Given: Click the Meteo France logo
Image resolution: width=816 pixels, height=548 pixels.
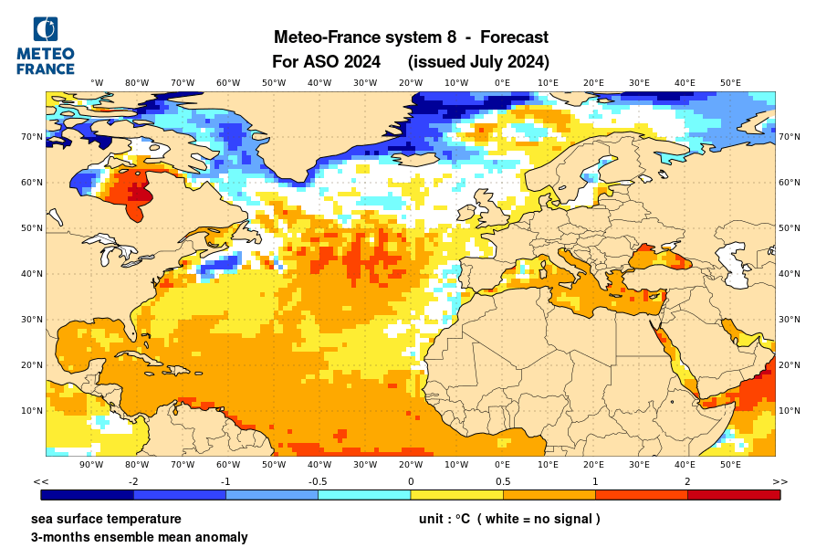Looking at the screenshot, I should tap(45, 46).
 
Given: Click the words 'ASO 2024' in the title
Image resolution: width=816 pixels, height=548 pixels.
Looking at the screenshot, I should tap(348, 62).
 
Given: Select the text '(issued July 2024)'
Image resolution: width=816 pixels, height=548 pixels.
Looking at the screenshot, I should tap(478, 62).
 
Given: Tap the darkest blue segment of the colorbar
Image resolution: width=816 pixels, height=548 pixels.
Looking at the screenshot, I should tap(88, 495).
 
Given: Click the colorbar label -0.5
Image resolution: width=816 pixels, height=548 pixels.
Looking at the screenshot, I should tap(318, 481).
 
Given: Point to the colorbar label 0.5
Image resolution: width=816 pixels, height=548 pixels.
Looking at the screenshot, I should tap(503, 481).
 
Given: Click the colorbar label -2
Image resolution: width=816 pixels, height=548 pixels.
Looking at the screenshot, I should tap(133, 481).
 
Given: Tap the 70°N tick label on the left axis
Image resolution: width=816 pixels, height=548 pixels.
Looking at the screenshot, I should tap(33, 137).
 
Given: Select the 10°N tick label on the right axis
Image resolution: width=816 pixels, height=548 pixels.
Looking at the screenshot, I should tap(790, 410).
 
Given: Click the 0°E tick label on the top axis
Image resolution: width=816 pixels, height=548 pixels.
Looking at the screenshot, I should tap(502, 82).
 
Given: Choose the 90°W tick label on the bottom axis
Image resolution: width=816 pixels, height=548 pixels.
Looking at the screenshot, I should tap(91, 465).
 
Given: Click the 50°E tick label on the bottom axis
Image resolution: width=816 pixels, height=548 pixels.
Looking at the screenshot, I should tap(730, 465).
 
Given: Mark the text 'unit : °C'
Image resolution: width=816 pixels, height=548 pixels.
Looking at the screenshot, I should tap(445, 519).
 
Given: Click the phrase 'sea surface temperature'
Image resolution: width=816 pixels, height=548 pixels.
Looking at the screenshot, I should tap(106, 519).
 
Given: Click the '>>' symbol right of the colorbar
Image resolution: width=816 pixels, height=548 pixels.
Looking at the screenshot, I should tap(779, 481).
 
